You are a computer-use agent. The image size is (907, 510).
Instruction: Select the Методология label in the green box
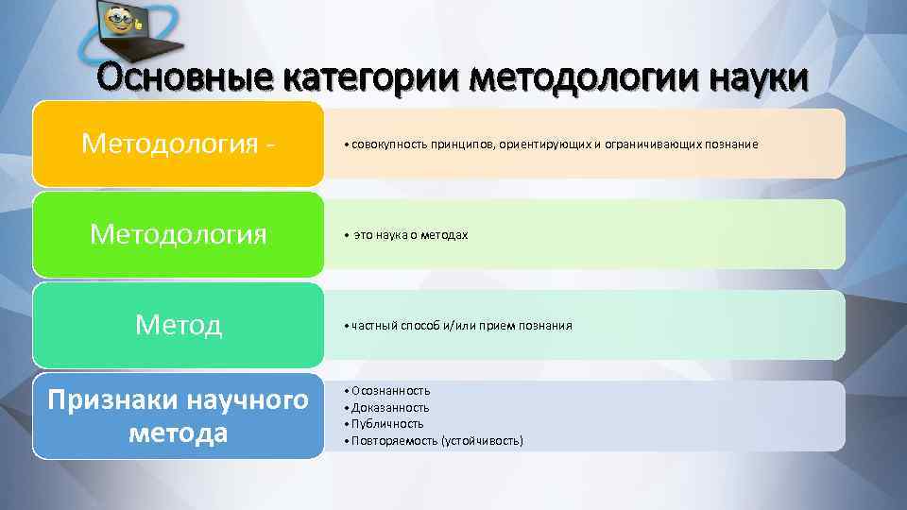(x=178, y=234)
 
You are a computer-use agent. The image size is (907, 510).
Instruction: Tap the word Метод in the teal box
(x=178, y=325)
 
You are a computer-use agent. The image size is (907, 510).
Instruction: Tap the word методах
(x=445, y=235)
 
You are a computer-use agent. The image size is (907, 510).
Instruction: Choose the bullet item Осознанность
(x=389, y=390)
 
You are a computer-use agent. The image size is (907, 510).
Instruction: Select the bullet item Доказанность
(x=389, y=407)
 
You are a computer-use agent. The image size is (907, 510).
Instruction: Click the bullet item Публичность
(x=386, y=424)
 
